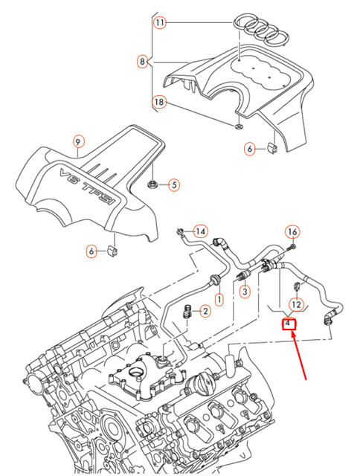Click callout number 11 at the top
[160, 23]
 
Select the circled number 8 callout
[142, 62]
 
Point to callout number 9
[78, 142]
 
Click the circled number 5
[173, 184]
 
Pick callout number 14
[200, 231]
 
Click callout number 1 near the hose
[219, 299]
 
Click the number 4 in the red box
[288, 324]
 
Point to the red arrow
[300, 357]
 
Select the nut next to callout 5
[152, 184]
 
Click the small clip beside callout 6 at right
[272, 149]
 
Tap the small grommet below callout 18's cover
[237, 126]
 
